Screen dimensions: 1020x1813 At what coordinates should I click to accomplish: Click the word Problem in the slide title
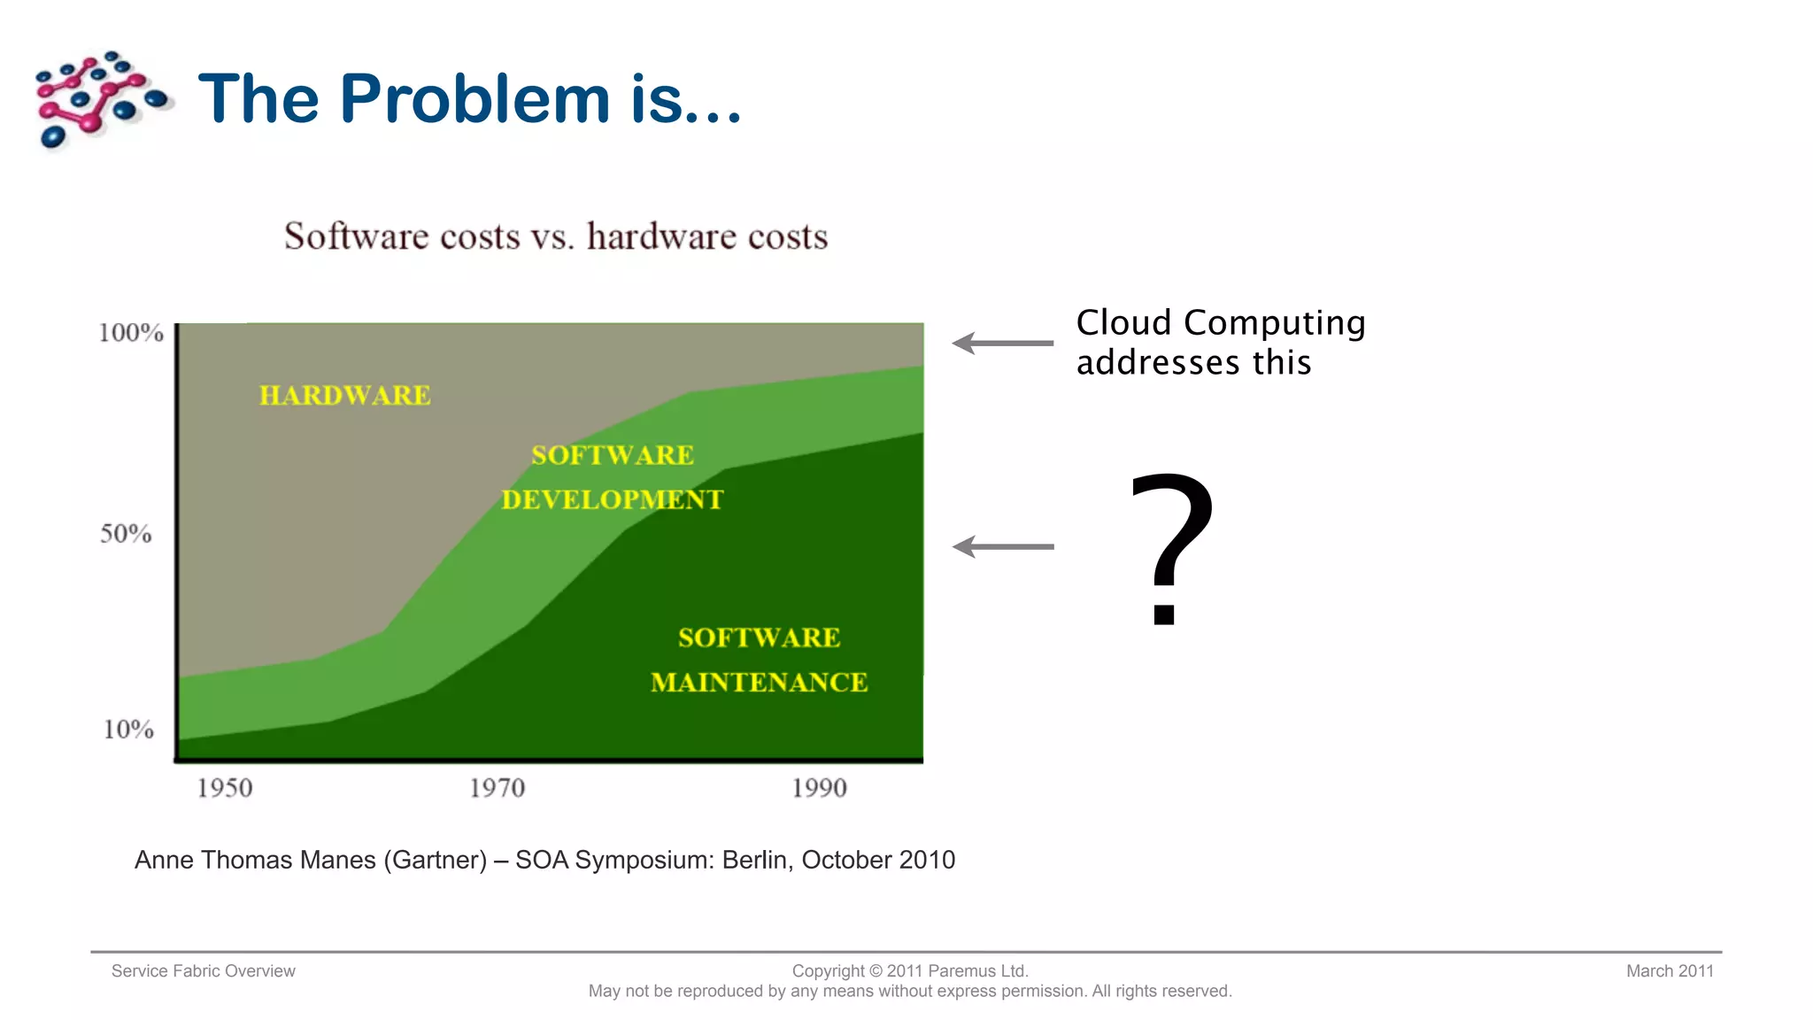point(474,98)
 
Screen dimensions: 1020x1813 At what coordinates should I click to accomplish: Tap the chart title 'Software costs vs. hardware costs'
point(556,236)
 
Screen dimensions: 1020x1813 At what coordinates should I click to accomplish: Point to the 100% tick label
point(131,333)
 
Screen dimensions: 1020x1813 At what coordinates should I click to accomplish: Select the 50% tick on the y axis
point(126,534)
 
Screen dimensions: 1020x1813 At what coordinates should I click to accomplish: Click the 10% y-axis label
point(128,730)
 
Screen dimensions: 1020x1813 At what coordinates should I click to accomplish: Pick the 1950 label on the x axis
point(224,788)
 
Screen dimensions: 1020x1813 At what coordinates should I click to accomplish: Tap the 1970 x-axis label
point(497,788)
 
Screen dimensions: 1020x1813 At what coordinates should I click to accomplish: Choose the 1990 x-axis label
point(819,788)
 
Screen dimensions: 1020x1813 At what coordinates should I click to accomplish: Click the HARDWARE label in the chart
point(345,395)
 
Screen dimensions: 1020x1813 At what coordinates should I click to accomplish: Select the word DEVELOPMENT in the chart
point(613,500)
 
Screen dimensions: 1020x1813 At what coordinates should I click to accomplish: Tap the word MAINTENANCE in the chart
point(759,683)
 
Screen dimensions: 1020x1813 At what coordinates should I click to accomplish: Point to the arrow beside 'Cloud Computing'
point(1002,344)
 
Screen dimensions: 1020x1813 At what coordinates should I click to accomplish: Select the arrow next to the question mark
point(1002,547)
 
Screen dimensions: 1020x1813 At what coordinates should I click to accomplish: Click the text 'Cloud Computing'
point(1221,323)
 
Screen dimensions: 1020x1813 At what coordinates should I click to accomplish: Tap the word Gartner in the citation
point(435,860)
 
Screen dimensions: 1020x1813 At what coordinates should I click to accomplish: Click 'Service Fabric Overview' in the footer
point(204,971)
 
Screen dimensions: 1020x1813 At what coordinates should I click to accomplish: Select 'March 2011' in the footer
point(1670,971)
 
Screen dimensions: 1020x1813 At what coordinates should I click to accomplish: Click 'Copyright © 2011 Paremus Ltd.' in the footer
point(910,971)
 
